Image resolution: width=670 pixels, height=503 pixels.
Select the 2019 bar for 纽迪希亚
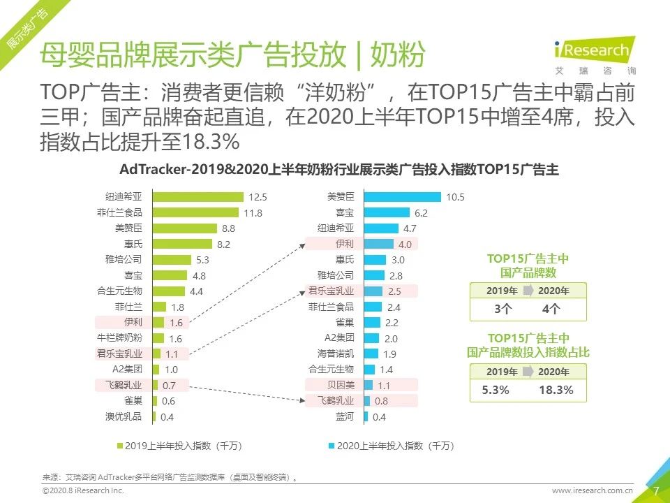198,197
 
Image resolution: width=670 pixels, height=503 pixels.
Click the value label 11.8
253,213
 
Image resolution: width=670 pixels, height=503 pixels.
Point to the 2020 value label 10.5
455,197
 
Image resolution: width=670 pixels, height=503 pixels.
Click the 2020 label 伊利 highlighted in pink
344,244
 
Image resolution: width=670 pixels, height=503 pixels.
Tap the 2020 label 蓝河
344,416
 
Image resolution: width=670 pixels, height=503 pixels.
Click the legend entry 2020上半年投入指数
385,445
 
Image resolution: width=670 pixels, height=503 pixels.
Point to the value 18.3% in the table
556,390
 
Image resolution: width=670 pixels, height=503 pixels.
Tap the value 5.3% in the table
496,390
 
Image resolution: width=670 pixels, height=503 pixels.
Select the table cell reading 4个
551,309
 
